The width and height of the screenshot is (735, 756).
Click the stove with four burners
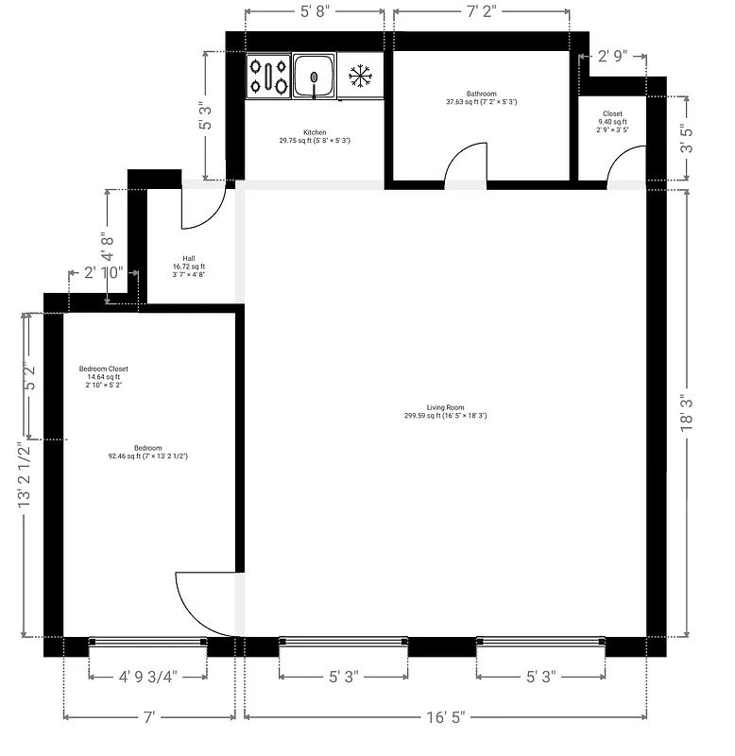pyautogui.click(x=268, y=76)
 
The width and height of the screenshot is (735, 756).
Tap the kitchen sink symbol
pyautogui.click(x=314, y=76)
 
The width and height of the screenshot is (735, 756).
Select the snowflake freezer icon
pyautogui.click(x=359, y=76)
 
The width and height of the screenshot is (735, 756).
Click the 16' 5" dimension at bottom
pyautogui.click(x=445, y=717)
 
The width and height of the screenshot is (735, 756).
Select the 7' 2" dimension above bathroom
pyautogui.click(x=481, y=12)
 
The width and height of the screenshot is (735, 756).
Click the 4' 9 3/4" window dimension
pyautogui.click(x=147, y=677)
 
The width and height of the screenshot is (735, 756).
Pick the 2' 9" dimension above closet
pyautogui.click(x=612, y=57)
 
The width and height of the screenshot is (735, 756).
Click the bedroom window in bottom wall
pyautogui.click(x=147, y=643)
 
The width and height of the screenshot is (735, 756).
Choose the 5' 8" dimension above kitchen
pyautogui.click(x=315, y=12)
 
